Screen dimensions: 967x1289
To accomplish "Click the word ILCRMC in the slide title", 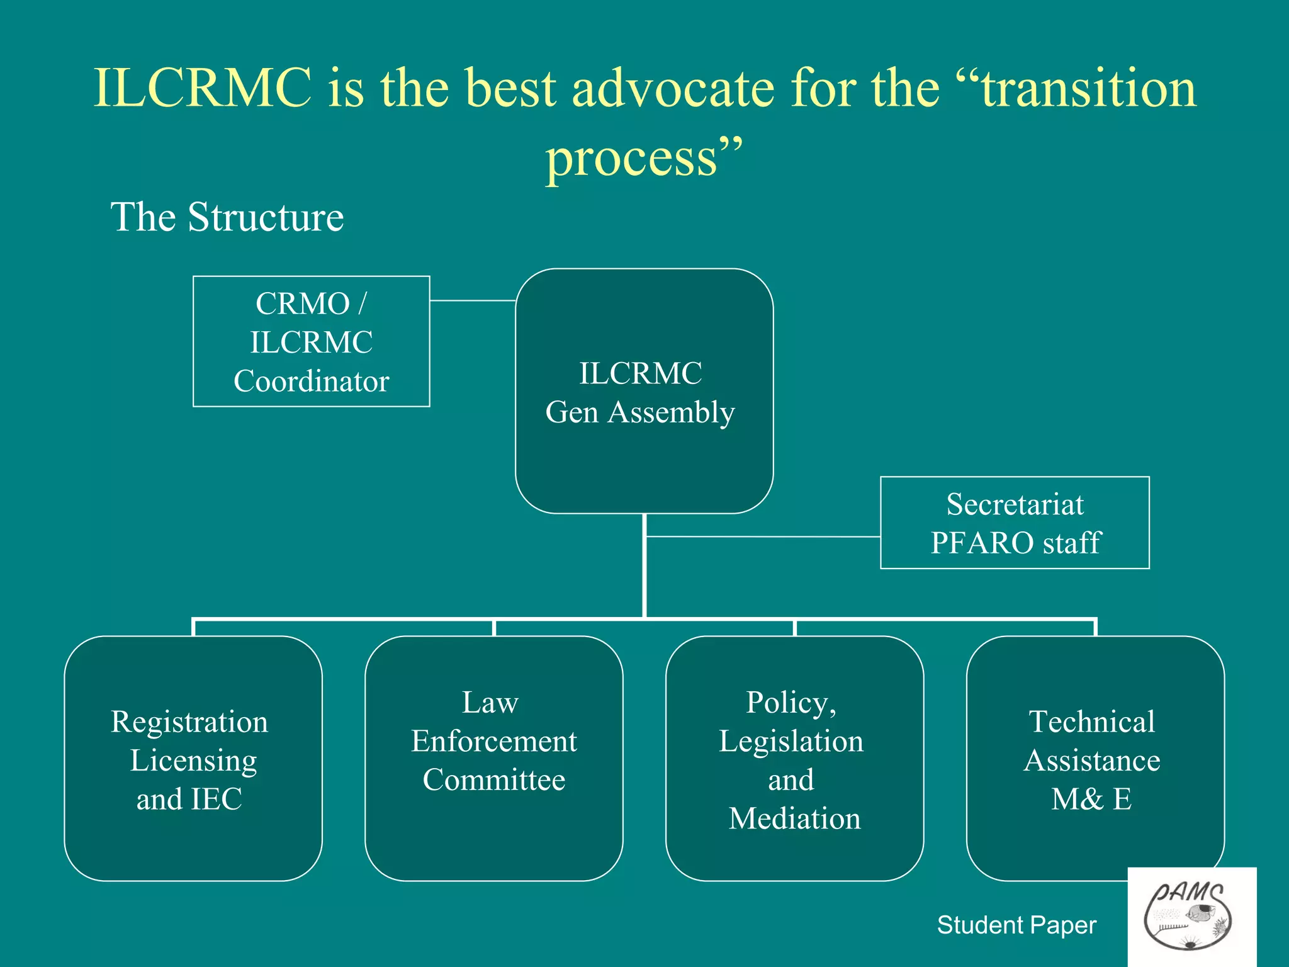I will tap(203, 88).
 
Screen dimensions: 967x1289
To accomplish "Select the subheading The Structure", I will tap(227, 217).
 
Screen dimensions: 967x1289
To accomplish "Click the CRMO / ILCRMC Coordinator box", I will tap(311, 341).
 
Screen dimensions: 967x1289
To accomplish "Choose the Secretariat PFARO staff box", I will tap(1015, 523).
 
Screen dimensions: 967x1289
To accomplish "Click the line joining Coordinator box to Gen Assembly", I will tap(472, 301).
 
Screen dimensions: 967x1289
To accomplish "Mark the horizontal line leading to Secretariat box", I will tap(762, 536).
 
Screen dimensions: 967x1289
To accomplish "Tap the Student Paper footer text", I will tap(1016, 925).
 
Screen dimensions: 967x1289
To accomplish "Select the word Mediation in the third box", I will tap(794, 818).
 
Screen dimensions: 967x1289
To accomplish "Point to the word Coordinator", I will tap(311, 382).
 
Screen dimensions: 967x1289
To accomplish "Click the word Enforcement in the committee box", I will tap(493, 742).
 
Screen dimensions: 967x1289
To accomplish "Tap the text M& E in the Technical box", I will tap(1091, 800).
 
